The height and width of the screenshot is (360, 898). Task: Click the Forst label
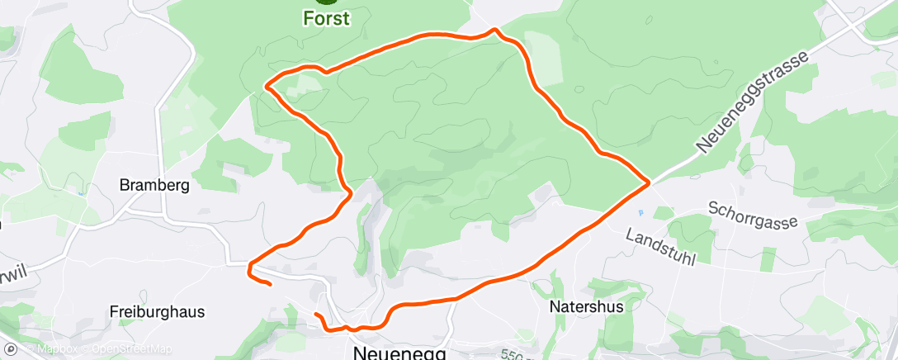tap(326, 17)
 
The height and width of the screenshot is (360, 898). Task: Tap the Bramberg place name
tap(154, 185)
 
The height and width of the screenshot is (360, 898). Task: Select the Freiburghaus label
tap(157, 312)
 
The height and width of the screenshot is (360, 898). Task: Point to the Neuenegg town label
tap(399, 352)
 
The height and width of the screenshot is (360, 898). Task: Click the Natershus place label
tap(586, 306)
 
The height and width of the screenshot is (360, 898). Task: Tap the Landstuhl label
tap(661, 247)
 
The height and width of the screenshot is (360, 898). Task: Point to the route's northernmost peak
tap(494, 30)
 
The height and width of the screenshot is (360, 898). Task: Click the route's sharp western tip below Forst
tap(266, 84)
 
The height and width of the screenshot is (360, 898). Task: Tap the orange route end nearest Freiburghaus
tap(270, 285)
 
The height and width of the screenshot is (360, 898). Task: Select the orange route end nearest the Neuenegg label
tap(317, 315)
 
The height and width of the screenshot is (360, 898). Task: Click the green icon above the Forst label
tap(325, 2)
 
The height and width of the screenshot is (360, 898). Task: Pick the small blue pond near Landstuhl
tap(640, 213)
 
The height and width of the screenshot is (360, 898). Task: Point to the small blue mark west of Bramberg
tap(82, 193)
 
